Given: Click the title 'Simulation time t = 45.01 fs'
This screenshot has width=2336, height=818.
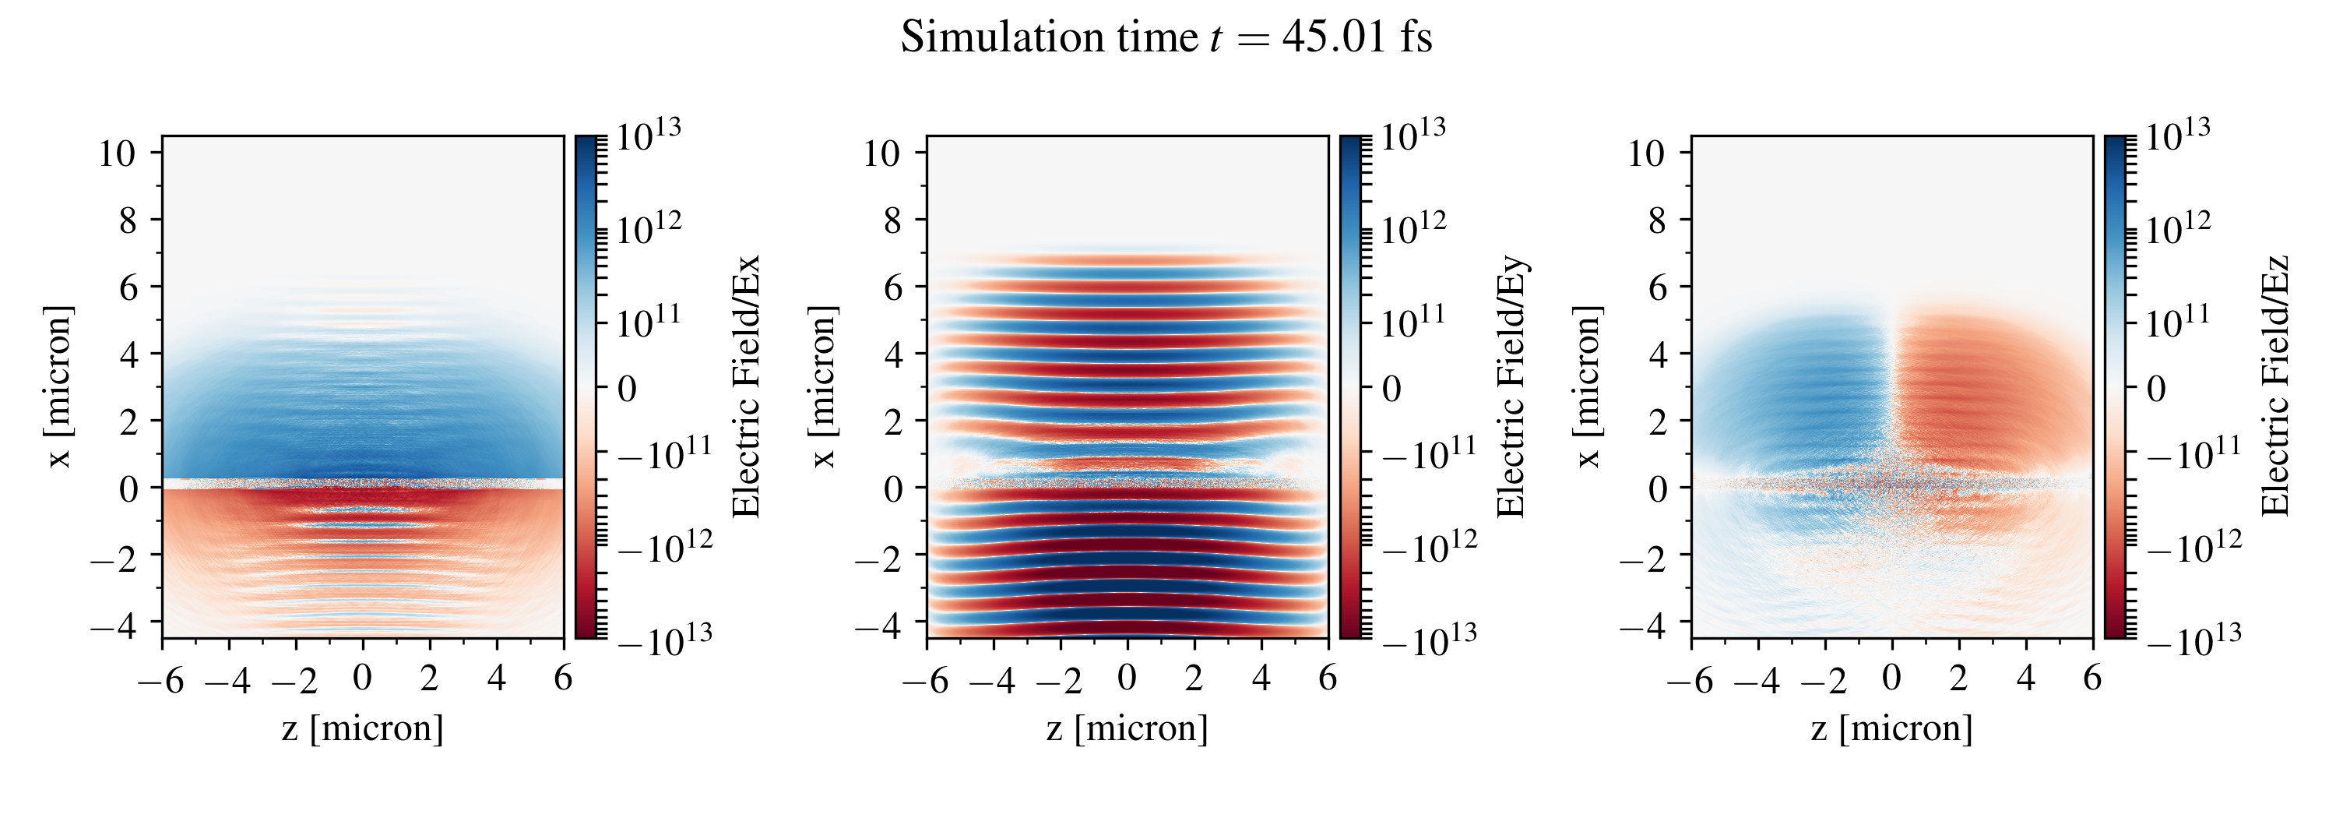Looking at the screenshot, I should click(x=1166, y=38).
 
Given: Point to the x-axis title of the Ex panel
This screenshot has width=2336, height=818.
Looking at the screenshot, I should click(x=363, y=728).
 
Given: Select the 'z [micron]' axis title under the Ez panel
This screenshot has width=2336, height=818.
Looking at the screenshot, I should click(x=1891, y=728).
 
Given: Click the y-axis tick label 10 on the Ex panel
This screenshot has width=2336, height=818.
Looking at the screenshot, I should click(x=117, y=154).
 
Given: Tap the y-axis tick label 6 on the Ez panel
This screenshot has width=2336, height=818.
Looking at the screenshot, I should click(x=1657, y=288).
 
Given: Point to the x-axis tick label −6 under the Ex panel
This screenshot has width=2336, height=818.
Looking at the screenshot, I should click(x=161, y=679).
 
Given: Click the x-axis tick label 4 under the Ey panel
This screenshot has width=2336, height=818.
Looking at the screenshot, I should click(x=1261, y=678).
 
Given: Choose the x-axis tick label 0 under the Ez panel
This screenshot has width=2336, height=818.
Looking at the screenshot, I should click(x=1891, y=678).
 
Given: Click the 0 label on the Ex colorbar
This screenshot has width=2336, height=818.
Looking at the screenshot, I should click(x=628, y=389).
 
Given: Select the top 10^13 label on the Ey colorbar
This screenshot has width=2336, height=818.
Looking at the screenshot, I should click(x=1413, y=136).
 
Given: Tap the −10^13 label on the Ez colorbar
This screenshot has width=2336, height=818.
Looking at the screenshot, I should click(x=2194, y=640).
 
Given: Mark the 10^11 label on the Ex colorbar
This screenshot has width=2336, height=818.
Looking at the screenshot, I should click(x=649, y=320).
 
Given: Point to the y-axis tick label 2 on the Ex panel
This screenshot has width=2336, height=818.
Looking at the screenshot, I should click(x=128, y=422).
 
